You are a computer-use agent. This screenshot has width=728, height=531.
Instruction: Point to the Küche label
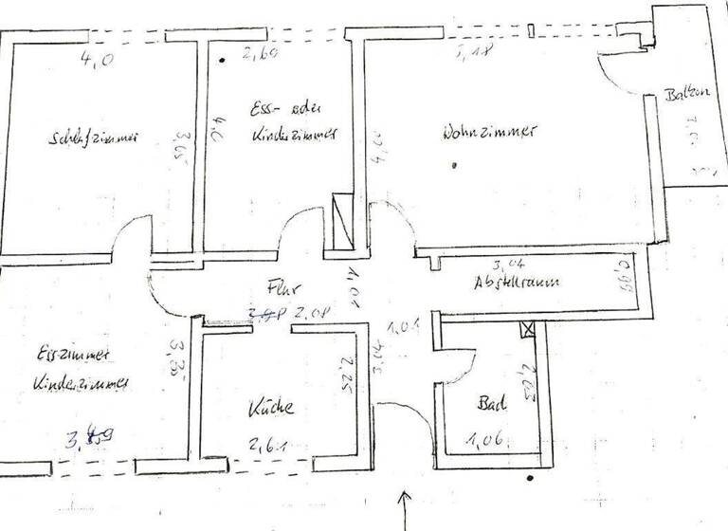pyautogui.click(x=271, y=409)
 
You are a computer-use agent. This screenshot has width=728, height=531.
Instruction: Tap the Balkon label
pyautogui.click(x=687, y=95)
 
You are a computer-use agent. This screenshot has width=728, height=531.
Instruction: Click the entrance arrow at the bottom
pyautogui.click(x=407, y=507)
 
